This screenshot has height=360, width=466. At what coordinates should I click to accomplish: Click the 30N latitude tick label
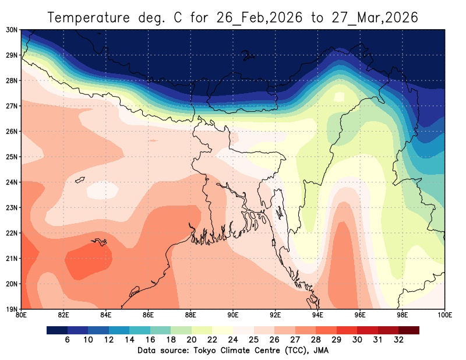[11, 30]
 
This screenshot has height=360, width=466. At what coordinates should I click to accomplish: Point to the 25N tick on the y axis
[11, 157]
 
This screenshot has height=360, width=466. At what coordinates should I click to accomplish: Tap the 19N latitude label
[11, 309]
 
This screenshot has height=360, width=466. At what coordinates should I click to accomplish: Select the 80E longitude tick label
[22, 316]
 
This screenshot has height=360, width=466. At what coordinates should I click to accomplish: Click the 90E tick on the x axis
[233, 316]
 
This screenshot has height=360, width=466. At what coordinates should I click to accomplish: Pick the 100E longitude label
[444, 316]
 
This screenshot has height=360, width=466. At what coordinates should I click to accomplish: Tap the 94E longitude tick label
[318, 316]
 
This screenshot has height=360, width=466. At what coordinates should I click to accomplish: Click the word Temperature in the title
[87, 17]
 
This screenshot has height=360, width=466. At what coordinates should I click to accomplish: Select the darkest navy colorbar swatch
[57, 330]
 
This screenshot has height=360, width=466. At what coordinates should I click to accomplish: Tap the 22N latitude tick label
[11, 233]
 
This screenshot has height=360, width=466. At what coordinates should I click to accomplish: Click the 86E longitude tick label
[149, 316]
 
